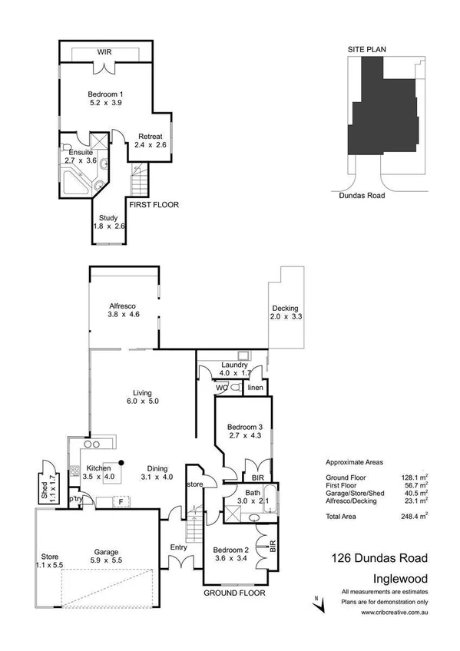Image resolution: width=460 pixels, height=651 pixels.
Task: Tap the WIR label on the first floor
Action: point(104,52)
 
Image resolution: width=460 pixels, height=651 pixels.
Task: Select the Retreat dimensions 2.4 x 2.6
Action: point(150,144)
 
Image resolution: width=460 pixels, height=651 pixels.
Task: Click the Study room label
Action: point(108,217)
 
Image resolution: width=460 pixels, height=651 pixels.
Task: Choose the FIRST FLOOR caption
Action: point(154,206)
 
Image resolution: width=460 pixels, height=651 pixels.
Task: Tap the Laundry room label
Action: point(233,365)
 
